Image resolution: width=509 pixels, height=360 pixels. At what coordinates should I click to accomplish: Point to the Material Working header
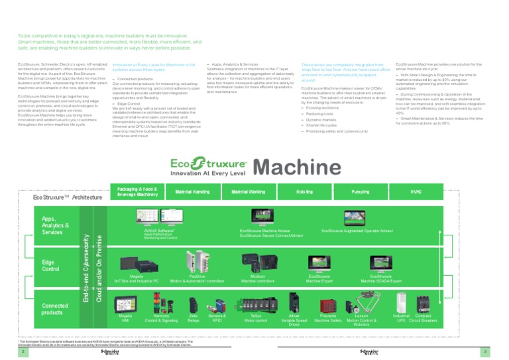249,192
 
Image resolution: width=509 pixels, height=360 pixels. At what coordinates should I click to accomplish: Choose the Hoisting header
304,192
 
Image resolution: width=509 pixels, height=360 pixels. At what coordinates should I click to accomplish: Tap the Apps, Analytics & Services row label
56,225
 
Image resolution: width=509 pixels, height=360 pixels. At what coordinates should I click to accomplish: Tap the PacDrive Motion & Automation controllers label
197,278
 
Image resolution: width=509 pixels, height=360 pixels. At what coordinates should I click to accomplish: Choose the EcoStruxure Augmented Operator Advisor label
357,232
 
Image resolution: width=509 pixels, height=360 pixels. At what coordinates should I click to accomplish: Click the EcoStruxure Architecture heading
68,197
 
